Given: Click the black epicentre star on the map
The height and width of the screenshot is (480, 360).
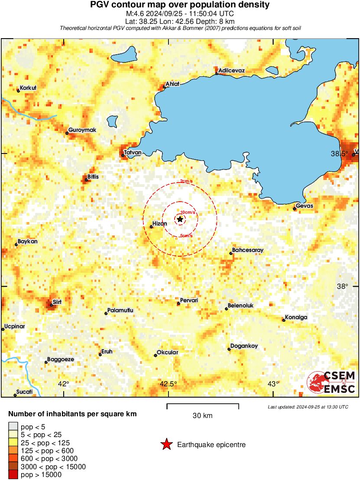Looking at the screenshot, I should coord(180,219).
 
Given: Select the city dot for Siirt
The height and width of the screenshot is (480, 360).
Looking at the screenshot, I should coord(51,305).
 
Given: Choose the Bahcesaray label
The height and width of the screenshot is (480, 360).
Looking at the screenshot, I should coord(248,250).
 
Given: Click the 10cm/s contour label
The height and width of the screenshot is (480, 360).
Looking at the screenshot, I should coord(188,212).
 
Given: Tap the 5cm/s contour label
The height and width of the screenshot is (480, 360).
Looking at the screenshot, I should coord(186,235).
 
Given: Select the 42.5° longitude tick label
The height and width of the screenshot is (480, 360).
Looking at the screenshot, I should coord(168,383).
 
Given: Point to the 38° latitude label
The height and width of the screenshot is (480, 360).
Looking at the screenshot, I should coord(343,286).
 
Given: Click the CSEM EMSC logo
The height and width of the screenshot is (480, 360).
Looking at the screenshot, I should coord(331,382).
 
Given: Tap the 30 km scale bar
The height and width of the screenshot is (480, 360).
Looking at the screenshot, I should coord(203,406).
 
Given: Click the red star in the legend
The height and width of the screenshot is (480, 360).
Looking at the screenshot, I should coord(166,444).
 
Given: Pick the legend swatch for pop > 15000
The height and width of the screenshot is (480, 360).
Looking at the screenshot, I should coord(13,475).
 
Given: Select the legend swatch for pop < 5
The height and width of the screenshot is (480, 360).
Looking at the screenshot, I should coord(13,427).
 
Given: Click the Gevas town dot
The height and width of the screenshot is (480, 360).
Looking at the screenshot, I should coord(295,209).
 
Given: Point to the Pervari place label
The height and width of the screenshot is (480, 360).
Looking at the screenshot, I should coord(189,300).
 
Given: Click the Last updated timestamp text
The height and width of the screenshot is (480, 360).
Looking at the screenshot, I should coord(308,407).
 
